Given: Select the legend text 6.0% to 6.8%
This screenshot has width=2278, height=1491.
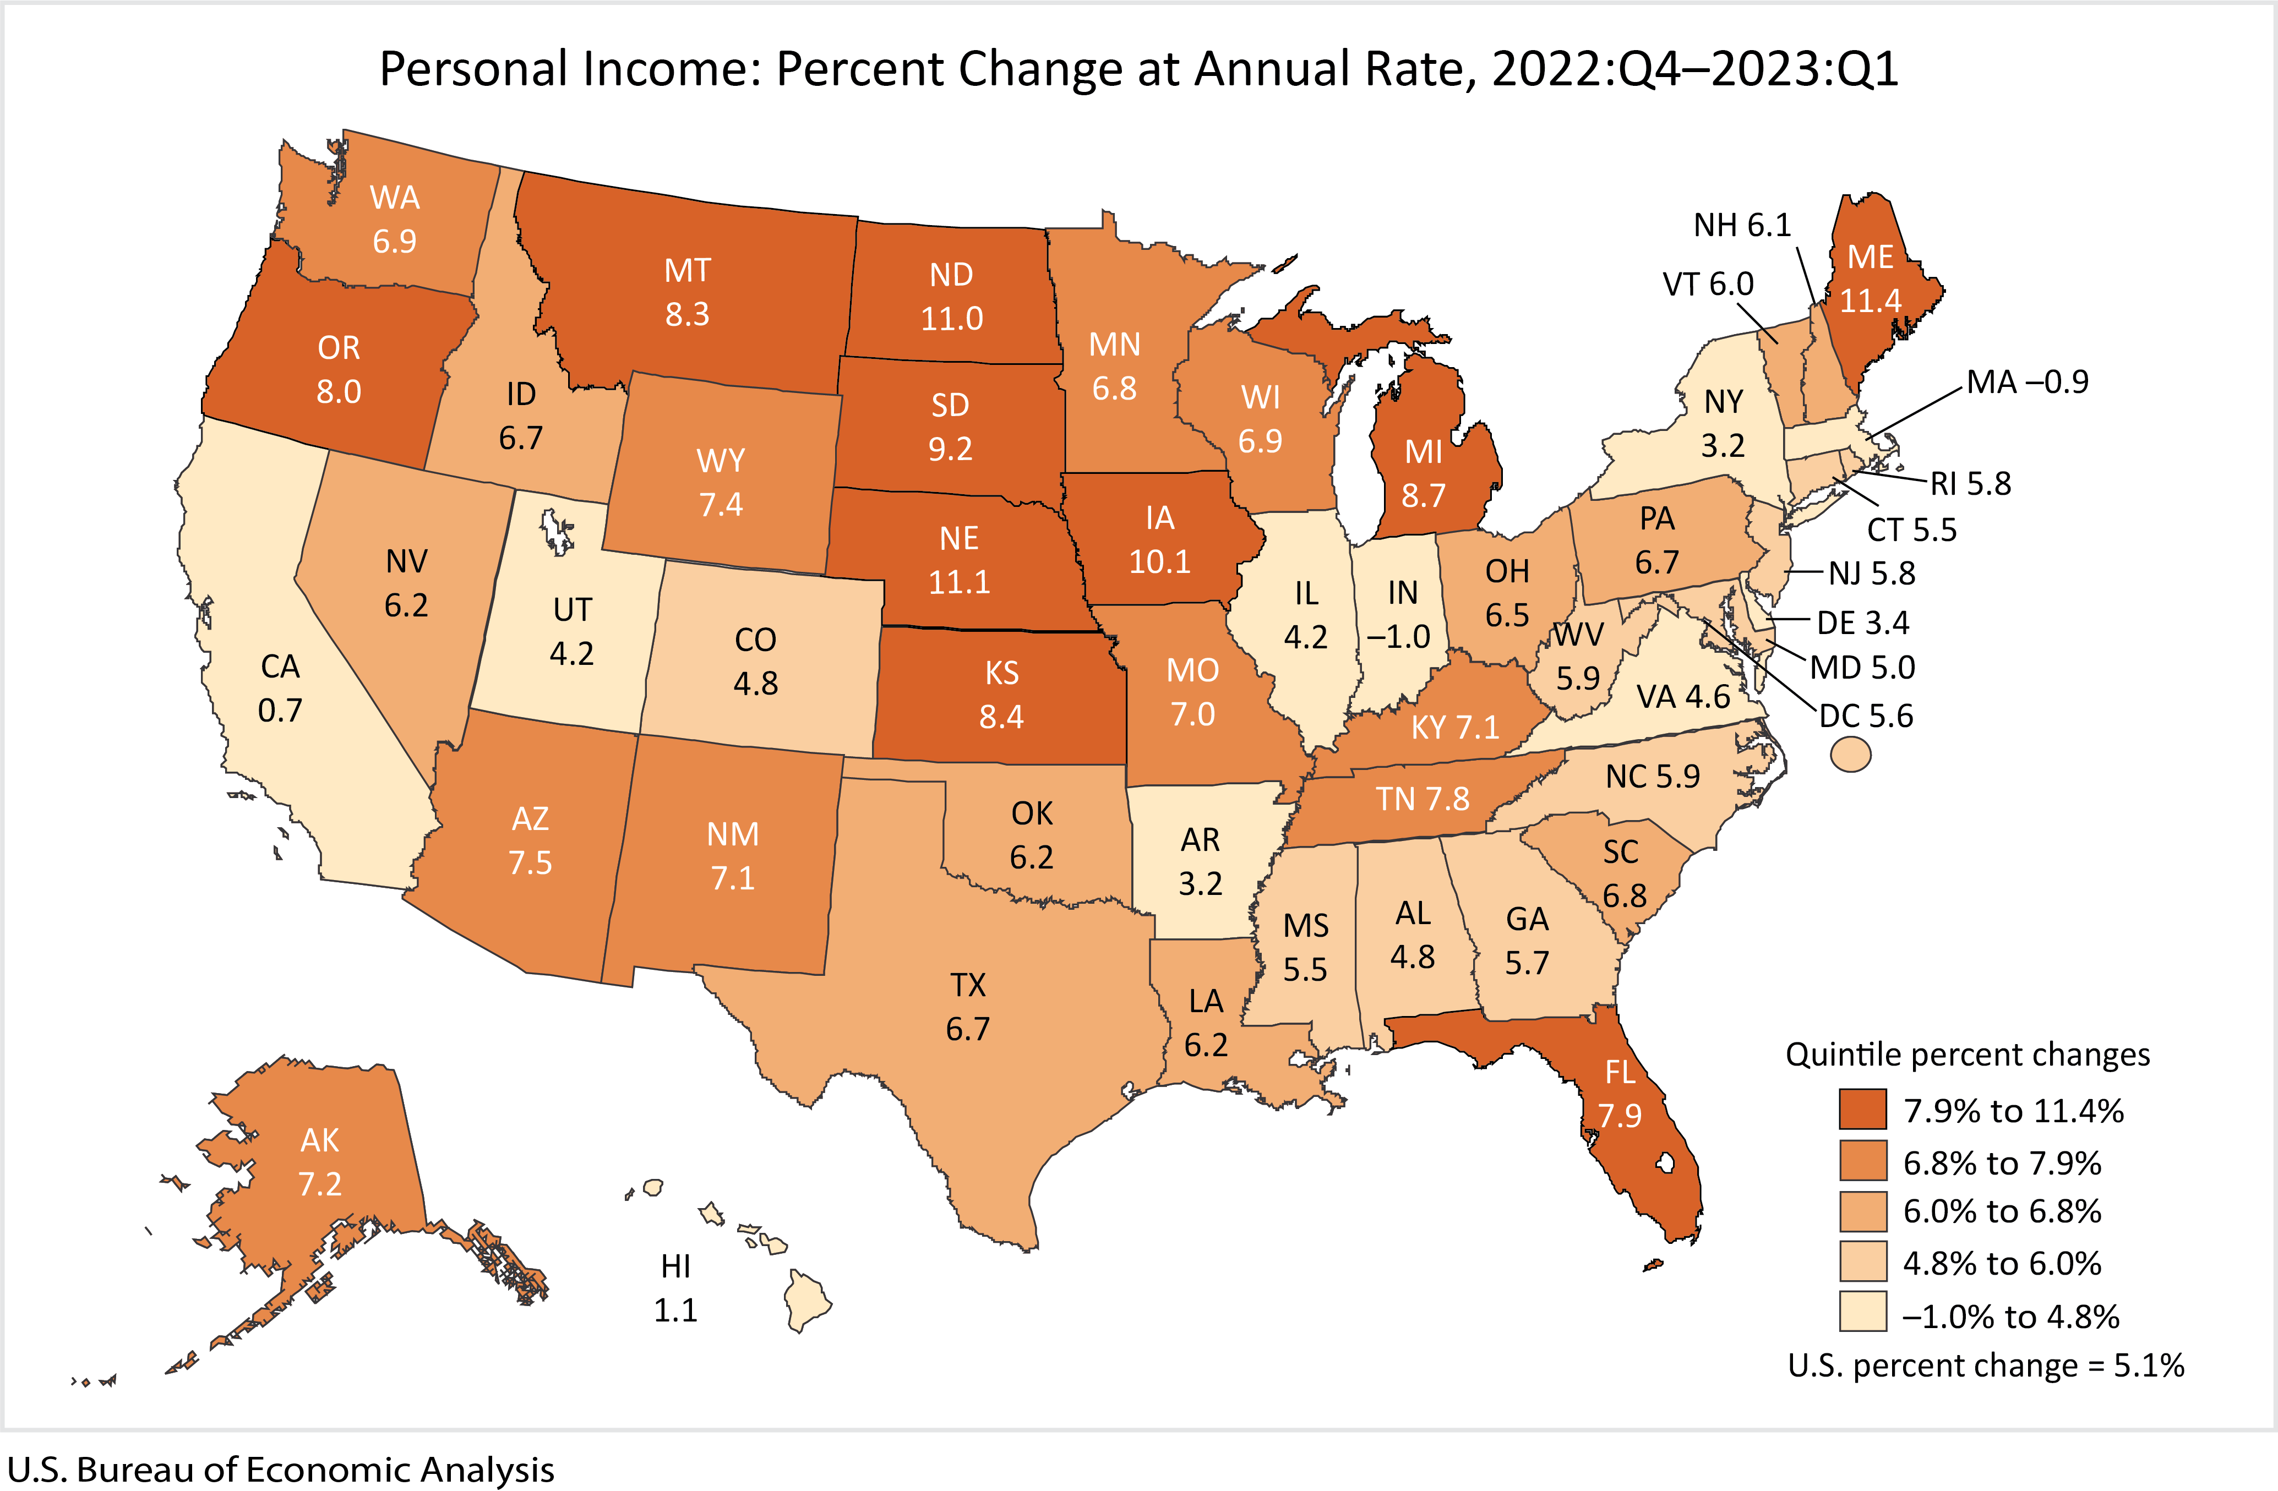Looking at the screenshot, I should (x=2002, y=1211).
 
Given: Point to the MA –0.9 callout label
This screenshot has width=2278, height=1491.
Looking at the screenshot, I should (x=2027, y=382).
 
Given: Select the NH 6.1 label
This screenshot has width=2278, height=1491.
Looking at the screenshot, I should (x=1742, y=225).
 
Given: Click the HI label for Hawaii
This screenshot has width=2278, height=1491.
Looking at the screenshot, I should (x=675, y=1266).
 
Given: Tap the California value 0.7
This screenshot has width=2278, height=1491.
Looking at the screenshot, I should (x=280, y=710).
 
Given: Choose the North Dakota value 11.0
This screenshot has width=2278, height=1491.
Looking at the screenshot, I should (x=951, y=318).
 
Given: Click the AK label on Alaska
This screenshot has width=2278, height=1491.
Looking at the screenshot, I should (x=320, y=1140).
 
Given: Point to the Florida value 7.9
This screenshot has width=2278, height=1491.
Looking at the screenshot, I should (x=1620, y=1116).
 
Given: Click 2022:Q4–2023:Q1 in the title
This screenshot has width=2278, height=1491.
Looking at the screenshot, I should (x=1694, y=69).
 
